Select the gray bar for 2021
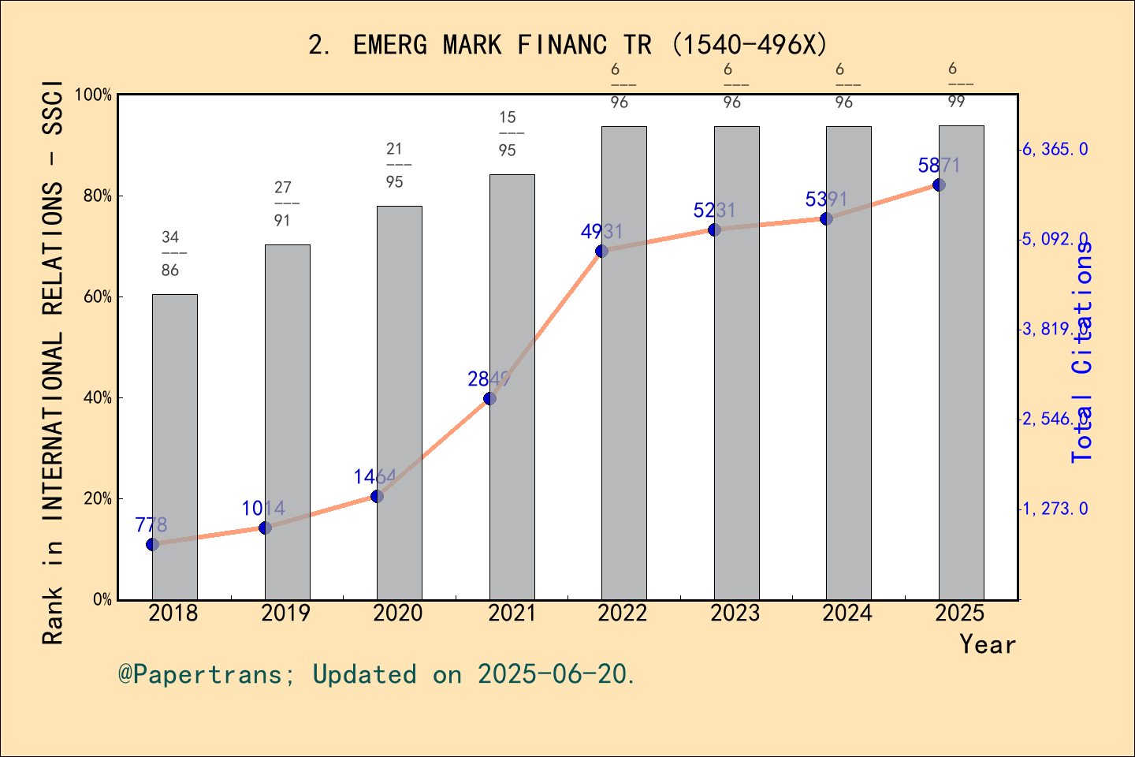click(x=512, y=386)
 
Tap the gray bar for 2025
click(x=961, y=363)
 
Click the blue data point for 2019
click(x=265, y=528)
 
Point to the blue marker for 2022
click(x=601, y=251)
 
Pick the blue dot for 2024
click(x=826, y=218)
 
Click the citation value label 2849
click(x=489, y=379)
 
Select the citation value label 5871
click(x=939, y=166)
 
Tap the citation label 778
click(x=151, y=525)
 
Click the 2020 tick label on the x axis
click(x=398, y=613)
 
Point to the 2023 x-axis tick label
click(x=735, y=613)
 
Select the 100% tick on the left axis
click(x=93, y=95)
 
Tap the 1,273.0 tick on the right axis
click(x=1055, y=509)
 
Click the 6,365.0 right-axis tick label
click(x=1055, y=149)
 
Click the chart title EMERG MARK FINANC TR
click(x=567, y=45)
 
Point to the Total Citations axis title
click(x=1083, y=351)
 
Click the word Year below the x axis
click(x=988, y=644)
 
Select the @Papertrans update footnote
click(x=377, y=674)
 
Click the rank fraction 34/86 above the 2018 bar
click(x=171, y=253)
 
